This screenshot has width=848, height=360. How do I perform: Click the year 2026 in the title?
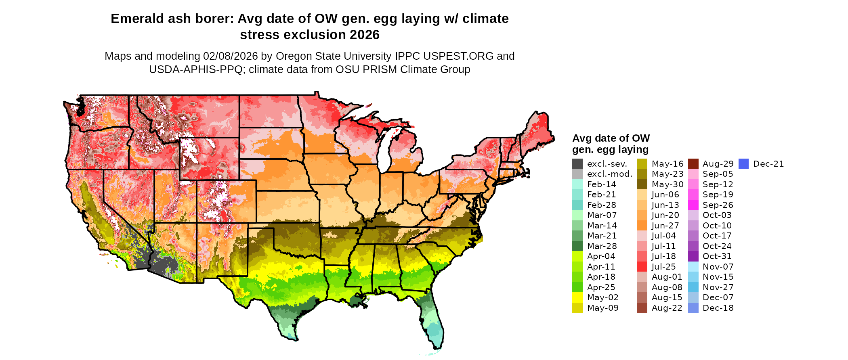pos(365,35)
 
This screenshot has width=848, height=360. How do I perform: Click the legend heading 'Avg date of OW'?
pos(611,138)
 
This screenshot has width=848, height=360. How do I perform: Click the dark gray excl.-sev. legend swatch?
pos(577,164)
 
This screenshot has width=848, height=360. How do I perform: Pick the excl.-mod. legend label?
pos(609,174)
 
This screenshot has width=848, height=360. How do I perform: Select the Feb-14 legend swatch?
pos(577,184)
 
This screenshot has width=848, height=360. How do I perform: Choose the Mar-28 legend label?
pos(602,246)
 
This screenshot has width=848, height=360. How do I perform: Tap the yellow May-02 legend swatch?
pos(577,297)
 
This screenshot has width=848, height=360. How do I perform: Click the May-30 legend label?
pos(667,184)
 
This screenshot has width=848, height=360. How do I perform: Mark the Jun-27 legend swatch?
pos(642,226)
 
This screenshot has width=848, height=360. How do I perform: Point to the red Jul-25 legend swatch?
pos(642,267)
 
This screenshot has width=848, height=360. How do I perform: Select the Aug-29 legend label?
pos(718,164)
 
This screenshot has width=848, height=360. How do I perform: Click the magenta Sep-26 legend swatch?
pos(693,205)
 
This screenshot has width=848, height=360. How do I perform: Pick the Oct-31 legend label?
pos(717,256)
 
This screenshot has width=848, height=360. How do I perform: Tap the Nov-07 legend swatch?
pos(693,267)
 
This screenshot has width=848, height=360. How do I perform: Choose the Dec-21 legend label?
pos(768,164)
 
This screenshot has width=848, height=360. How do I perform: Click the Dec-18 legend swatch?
pos(693,308)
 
